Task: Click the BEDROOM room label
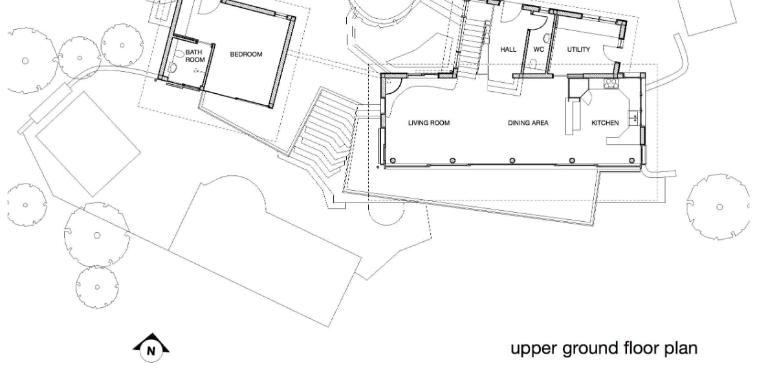247,54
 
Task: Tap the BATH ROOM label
195,56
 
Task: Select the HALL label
509,49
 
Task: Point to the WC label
539,49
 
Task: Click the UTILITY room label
578,49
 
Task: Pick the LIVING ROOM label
429,123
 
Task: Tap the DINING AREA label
528,123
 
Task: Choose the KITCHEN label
605,123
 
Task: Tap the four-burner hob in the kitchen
611,84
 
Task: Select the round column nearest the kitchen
632,161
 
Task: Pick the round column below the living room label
453,161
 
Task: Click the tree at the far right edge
719,207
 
